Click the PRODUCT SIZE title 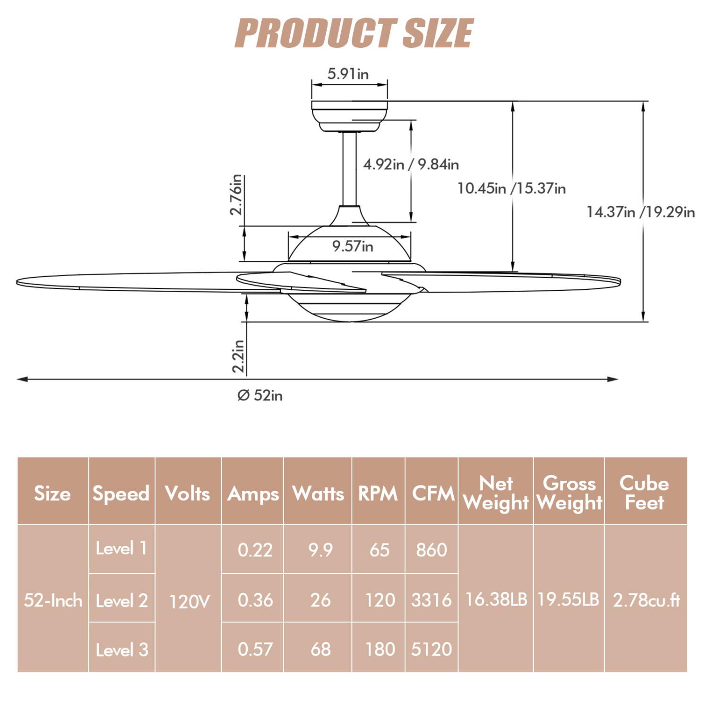(x=354, y=33)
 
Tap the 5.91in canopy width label (x=348, y=74)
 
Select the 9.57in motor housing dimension (x=353, y=246)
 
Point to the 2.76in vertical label (x=236, y=195)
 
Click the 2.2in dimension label (x=238, y=356)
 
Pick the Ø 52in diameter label (x=260, y=395)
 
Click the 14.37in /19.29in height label (x=641, y=212)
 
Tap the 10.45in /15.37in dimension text (x=511, y=189)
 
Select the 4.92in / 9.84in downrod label (x=411, y=164)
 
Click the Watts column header (x=318, y=493)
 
